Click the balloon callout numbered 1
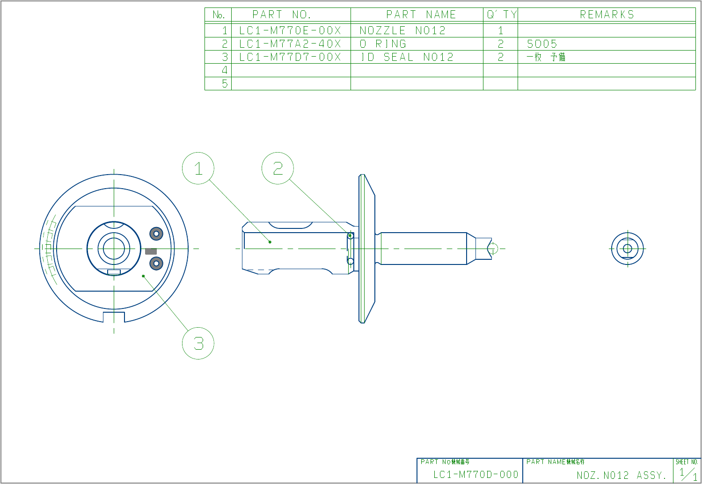tap(198, 169)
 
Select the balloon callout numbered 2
tap(278, 169)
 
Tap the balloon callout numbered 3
tap(198, 344)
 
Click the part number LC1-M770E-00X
tap(290, 31)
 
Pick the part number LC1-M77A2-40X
tap(290, 44)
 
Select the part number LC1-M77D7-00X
tap(290, 57)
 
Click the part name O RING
tap(383, 44)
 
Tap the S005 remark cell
tap(542, 44)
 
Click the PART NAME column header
tap(421, 15)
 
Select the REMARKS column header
tap(607, 15)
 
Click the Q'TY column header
tap(501, 15)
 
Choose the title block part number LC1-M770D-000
tap(475, 475)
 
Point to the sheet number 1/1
tap(688, 474)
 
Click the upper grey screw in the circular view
tap(156, 233)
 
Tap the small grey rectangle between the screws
tap(151, 251)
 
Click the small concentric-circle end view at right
tap(628, 249)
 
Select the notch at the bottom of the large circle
tap(114, 317)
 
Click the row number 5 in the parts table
tap(225, 83)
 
